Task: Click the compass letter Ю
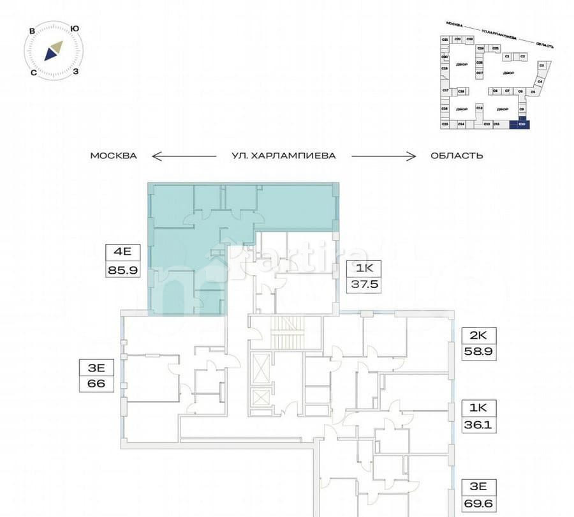click(75, 29)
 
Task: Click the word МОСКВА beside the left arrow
click(114, 155)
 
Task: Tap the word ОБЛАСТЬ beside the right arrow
click(457, 155)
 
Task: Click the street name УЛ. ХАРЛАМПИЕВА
click(284, 155)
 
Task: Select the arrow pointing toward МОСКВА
click(184, 155)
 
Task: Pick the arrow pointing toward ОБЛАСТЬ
click(384, 155)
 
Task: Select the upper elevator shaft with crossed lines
click(262, 367)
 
